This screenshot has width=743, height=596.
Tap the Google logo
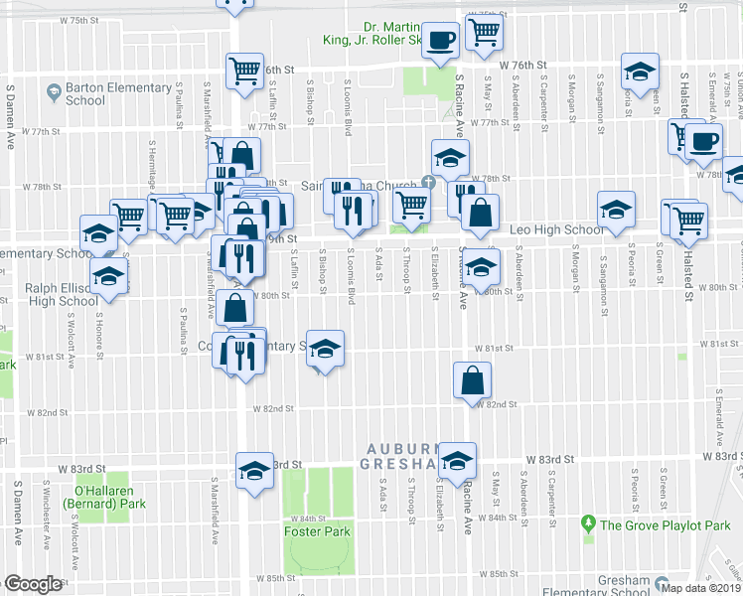pyautogui.click(x=32, y=583)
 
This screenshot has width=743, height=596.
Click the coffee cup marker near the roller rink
pyautogui.click(x=440, y=41)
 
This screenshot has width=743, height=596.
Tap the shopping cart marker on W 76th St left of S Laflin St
pyautogui.click(x=244, y=71)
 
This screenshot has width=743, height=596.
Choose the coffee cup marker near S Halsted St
pyautogui.click(x=704, y=141)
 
